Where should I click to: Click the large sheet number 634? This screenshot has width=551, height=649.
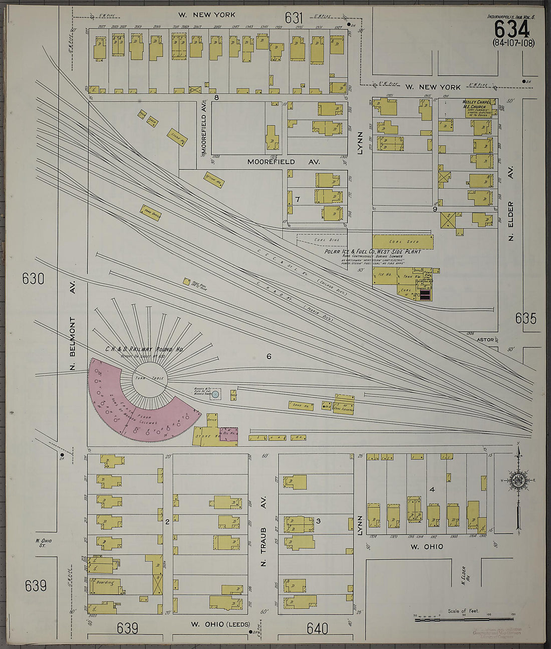coord(511,29)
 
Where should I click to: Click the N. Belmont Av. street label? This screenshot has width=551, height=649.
coord(73,336)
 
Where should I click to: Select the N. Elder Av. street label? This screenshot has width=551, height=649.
coord(511,221)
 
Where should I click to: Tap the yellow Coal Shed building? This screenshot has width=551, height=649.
coord(402,241)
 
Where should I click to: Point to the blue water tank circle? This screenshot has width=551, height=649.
coord(215,395)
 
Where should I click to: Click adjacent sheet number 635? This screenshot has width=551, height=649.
coord(525,318)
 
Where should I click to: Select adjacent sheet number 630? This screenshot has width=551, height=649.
coord(34,279)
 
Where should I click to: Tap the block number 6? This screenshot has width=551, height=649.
coord(269,357)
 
